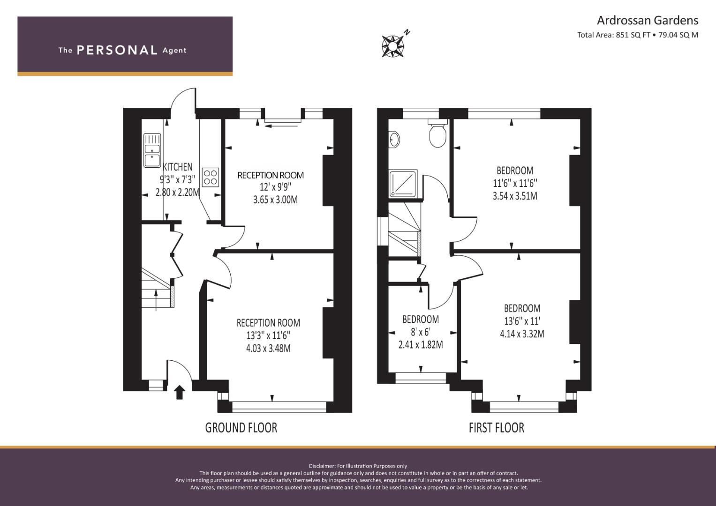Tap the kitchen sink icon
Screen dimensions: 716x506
tap(152, 150)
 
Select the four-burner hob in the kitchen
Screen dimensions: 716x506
tap(211, 177)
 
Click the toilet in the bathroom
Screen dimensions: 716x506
tap(437, 134)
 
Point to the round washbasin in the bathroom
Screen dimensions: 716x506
tap(394, 139)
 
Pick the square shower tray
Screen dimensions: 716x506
tap(403, 183)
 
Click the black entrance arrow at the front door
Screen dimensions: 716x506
tap(180, 392)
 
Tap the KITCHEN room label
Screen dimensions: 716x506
tap(177, 167)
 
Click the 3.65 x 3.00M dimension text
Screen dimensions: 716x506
tap(275, 200)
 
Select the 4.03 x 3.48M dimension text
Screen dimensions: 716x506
tap(268, 348)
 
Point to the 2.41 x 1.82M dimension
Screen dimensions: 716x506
tap(421, 345)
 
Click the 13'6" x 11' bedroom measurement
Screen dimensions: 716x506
tap(522, 321)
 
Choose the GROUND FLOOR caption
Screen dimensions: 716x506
tap(241, 428)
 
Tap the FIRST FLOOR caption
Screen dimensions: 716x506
tap(497, 428)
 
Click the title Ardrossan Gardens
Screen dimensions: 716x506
tap(648, 21)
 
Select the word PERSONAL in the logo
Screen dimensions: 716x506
tap(117, 50)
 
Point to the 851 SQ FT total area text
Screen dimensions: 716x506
tap(633, 35)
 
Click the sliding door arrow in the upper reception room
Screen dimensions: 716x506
tap(282, 126)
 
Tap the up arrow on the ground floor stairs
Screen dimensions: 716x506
tap(156, 300)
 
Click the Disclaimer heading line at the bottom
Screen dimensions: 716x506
tap(358, 466)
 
